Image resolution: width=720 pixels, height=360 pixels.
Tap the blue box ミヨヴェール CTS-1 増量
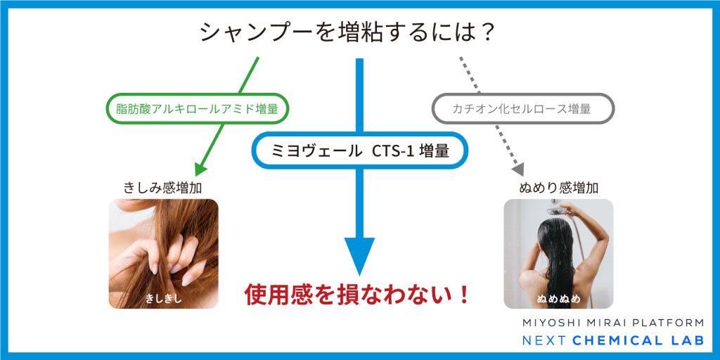[x=359, y=150]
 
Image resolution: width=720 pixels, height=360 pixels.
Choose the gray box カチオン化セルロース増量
[x=522, y=109]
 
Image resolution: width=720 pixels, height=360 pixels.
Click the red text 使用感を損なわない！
[x=358, y=295]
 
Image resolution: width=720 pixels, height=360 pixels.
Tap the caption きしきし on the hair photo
[x=163, y=298]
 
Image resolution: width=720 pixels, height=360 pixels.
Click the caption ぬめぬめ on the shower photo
[x=558, y=298]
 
